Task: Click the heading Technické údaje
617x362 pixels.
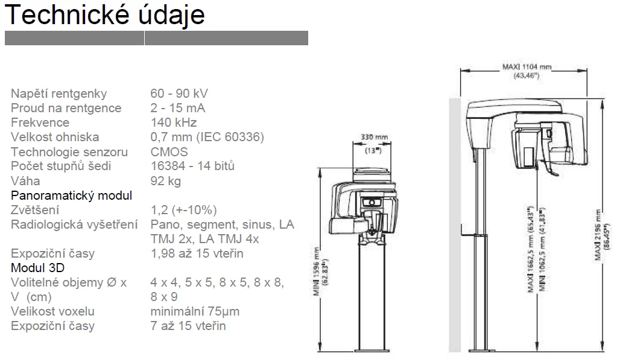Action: click(105, 15)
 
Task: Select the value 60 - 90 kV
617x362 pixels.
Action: click(179, 94)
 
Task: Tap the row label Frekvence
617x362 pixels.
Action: click(40, 122)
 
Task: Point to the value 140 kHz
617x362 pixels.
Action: click(174, 122)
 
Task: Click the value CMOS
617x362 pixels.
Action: click(169, 152)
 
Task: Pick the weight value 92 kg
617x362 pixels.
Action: click(166, 181)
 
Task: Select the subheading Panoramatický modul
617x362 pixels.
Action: click(72, 195)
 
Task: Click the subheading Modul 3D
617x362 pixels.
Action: click(38, 267)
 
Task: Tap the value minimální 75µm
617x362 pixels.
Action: click(195, 311)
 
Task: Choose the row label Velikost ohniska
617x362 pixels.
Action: click(55, 137)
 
